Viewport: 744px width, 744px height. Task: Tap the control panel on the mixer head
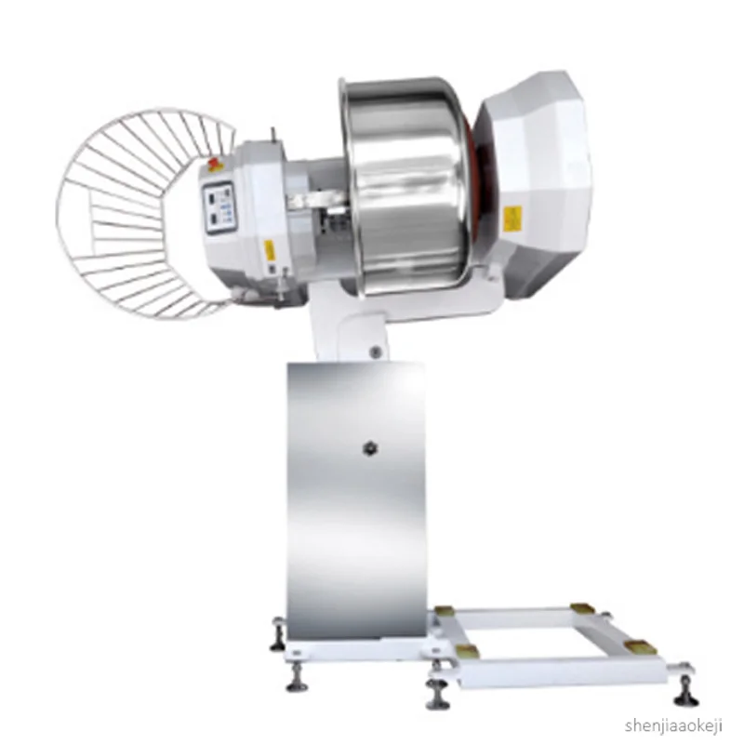tap(217, 210)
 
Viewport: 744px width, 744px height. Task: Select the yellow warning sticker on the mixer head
tap(270, 251)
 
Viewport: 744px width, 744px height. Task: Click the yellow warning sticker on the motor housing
tap(511, 219)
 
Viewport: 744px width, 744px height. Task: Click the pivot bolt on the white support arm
tap(375, 352)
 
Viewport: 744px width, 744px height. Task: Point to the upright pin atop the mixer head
tap(272, 136)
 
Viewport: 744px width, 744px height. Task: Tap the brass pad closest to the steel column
tap(445, 611)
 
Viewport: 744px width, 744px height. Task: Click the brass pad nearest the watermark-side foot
tap(639, 646)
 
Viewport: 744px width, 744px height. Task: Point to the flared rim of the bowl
tap(345, 186)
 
